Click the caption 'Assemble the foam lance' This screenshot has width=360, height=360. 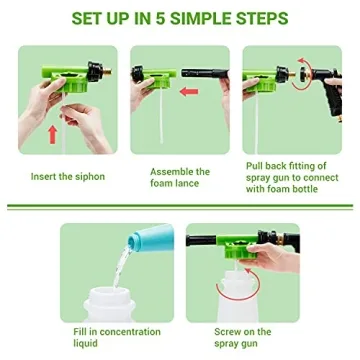pos(180,176)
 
